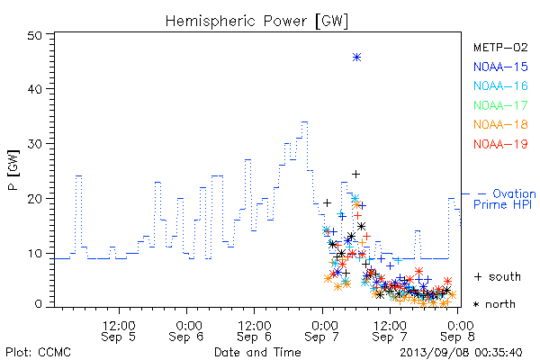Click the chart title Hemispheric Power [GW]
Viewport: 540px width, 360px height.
[x=256, y=22]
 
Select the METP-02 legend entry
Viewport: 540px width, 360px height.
[x=500, y=48]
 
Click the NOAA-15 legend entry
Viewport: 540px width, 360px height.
[x=500, y=67]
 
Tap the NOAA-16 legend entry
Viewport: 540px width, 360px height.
[x=500, y=86]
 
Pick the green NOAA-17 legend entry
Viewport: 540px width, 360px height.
[x=500, y=105]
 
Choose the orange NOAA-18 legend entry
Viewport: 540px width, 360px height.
[x=500, y=125]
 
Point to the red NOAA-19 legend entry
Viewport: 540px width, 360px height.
[x=500, y=144]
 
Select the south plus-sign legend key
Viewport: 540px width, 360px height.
[x=478, y=276]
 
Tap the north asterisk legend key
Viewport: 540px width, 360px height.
[x=476, y=304]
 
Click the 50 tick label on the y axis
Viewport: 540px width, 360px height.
[x=34, y=36]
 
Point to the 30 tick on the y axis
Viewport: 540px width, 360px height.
[x=34, y=144]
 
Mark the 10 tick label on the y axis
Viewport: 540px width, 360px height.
[x=34, y=254]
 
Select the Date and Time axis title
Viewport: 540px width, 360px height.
[x=257, y=353]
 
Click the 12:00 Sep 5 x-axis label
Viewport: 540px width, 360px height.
[x=119, y=331]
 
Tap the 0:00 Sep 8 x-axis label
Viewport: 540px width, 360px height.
[x=457, y=331]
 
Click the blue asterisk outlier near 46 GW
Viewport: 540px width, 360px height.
[x=356, y=58]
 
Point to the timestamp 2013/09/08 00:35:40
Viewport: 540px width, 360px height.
[x=461, y=353]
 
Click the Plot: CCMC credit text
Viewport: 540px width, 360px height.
[x=38, y=353]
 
